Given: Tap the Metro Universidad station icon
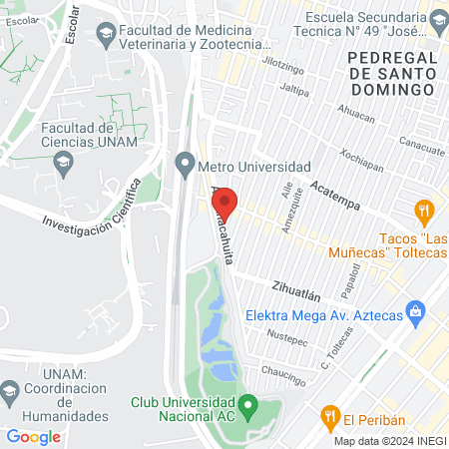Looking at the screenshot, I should (x=185, y=164).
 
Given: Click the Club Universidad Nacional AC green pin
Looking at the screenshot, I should (x=249, y=405).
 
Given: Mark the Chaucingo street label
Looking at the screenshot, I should (x=282, y=371).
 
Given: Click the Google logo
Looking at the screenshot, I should (x=34, y=436).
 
